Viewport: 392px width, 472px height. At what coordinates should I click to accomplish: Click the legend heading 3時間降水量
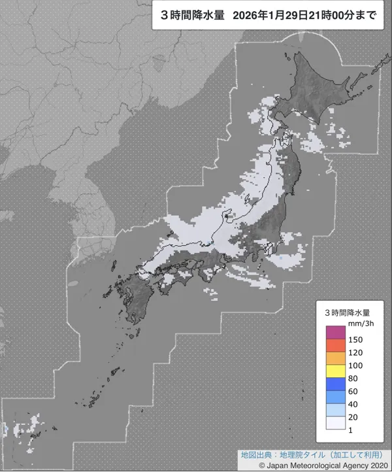(348, 312)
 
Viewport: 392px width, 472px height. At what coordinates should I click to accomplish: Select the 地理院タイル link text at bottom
(300, 454)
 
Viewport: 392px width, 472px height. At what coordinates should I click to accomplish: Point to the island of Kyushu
(134, 301)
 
